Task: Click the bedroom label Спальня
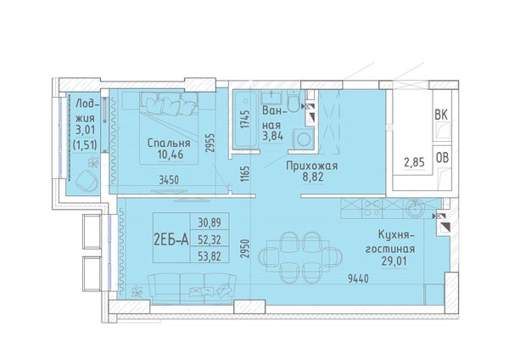pyautogui.click(x=169, y=143)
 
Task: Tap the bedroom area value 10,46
pyautogui.click(x=171, y=155)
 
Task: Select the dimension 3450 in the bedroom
pyautogui.click(x=169, y=180)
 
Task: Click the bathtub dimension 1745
pyautogui.click(x=246, y=119)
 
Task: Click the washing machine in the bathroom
pyautogui.click(x=304, y=139)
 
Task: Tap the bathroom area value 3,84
pyautogui.click(x=273, y=136)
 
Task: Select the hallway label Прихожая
pyautogui.click(x=311, y=166)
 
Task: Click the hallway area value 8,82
pyautogui.click(x=313, y=177)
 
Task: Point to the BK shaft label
pyautogui.click(x=441, y=115)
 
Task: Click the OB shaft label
pyautogui.click(x=442, y=158)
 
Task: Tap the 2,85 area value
pyautogui.click(x=414, y=162)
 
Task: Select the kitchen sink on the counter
pyautogui.click(x=415, y=208)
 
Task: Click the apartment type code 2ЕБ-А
pyautogui.click(x=171, y=240)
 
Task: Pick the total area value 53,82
pyautogui.click(x=210, y=257)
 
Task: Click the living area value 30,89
pyautogui.click(x=210, y=222)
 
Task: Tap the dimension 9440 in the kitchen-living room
pyautogui.click(x=358, y=278)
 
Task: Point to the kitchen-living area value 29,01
pyautogui.click(x=395, y=261)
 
